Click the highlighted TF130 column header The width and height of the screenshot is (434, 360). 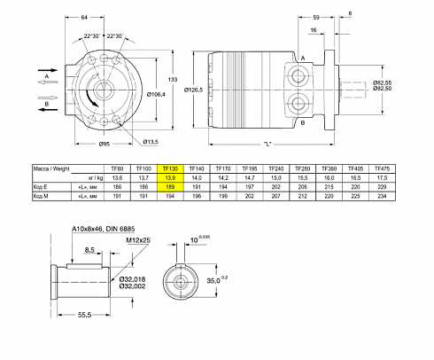pos(171,168)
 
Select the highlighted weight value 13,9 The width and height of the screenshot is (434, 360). pos(171,178)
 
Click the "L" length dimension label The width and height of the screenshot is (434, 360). pos(267,144)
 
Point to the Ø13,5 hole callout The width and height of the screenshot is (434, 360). pos(151,142)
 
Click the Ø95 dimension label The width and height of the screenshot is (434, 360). pos(105,143)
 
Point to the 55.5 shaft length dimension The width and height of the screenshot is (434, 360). pos(85,314)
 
